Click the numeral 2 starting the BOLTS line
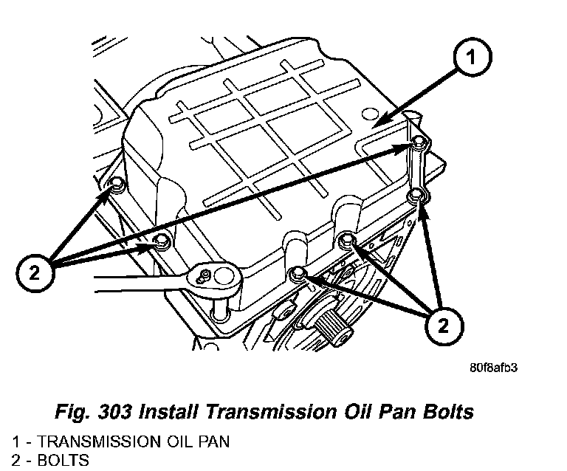point(16,461)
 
